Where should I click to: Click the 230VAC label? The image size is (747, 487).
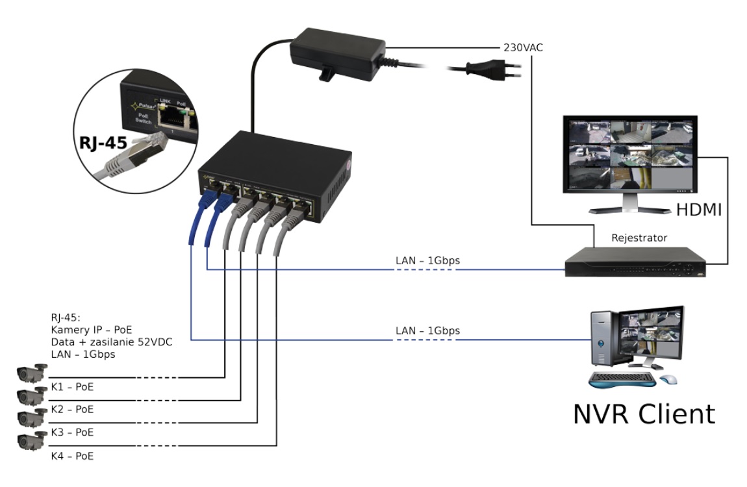coord(524,48)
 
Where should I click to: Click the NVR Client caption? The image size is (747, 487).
coord(644,413)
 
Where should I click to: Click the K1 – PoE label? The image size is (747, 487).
coord(71,387)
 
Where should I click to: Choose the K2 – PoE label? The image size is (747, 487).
coord(71,410)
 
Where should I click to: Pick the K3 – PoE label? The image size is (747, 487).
coord(71,432)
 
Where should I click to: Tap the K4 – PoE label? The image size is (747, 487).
coord(71,456)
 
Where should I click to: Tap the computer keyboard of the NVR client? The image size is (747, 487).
coord(622,377)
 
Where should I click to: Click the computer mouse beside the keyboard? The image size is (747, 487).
coord(667,379)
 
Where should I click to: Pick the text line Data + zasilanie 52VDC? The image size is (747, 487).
coord(111,342)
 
